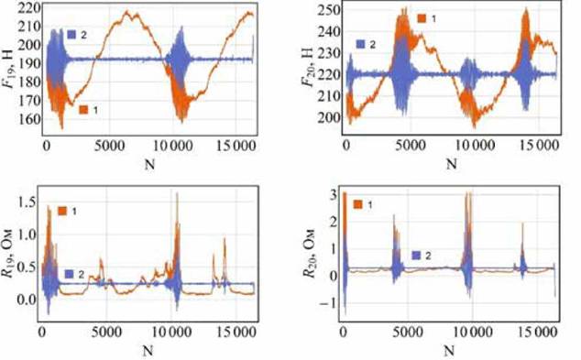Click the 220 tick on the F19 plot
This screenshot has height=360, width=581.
tap(31, 8)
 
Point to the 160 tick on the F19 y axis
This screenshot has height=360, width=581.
tap(31, 119)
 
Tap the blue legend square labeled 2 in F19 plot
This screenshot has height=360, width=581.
tap(71, 35)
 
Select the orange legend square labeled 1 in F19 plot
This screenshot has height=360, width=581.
tap(83, 110)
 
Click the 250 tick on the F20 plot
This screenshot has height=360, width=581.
tap(329, 10)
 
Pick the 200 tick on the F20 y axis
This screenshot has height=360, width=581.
tap(329, 118)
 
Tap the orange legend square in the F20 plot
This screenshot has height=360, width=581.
tap(422, 18)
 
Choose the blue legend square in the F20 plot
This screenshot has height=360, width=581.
tap(360, 45)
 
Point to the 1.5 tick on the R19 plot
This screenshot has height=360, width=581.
tap(27, 202)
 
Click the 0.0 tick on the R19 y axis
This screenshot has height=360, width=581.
tap(27, 299)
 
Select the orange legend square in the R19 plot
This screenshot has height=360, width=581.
tap(62, 211)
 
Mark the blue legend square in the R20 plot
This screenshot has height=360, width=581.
tap(416, 256)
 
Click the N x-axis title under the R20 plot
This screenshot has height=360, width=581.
tap(449, 350)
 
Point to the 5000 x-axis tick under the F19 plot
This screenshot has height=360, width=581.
tap(109, 146)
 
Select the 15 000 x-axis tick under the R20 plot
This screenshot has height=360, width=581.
tap(537, 332)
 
